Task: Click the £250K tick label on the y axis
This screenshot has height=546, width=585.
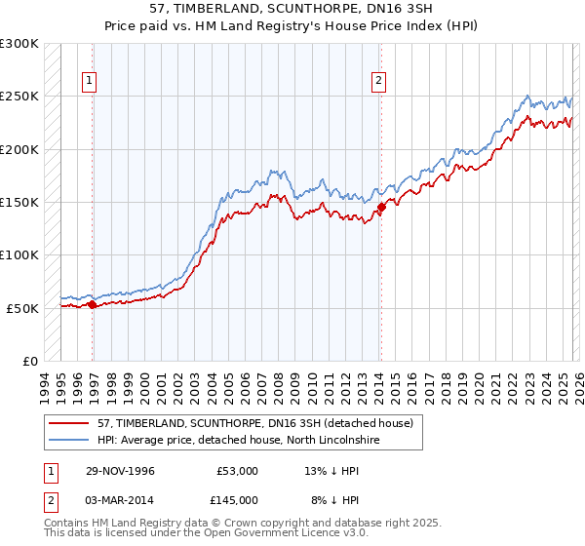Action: tap(19, 97)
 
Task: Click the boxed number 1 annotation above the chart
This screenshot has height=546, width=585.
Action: tap(89, 81)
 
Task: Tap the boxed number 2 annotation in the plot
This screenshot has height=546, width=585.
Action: tap(377, 81)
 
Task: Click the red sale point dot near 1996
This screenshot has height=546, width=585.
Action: tap(93, 305)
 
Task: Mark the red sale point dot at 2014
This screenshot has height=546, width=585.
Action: tap(381, 207)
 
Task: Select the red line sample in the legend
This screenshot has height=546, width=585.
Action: tap(68, 423)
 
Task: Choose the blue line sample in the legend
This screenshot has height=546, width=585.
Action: tap(68, 441)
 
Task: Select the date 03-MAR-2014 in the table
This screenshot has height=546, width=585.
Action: tap(119, 499)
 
